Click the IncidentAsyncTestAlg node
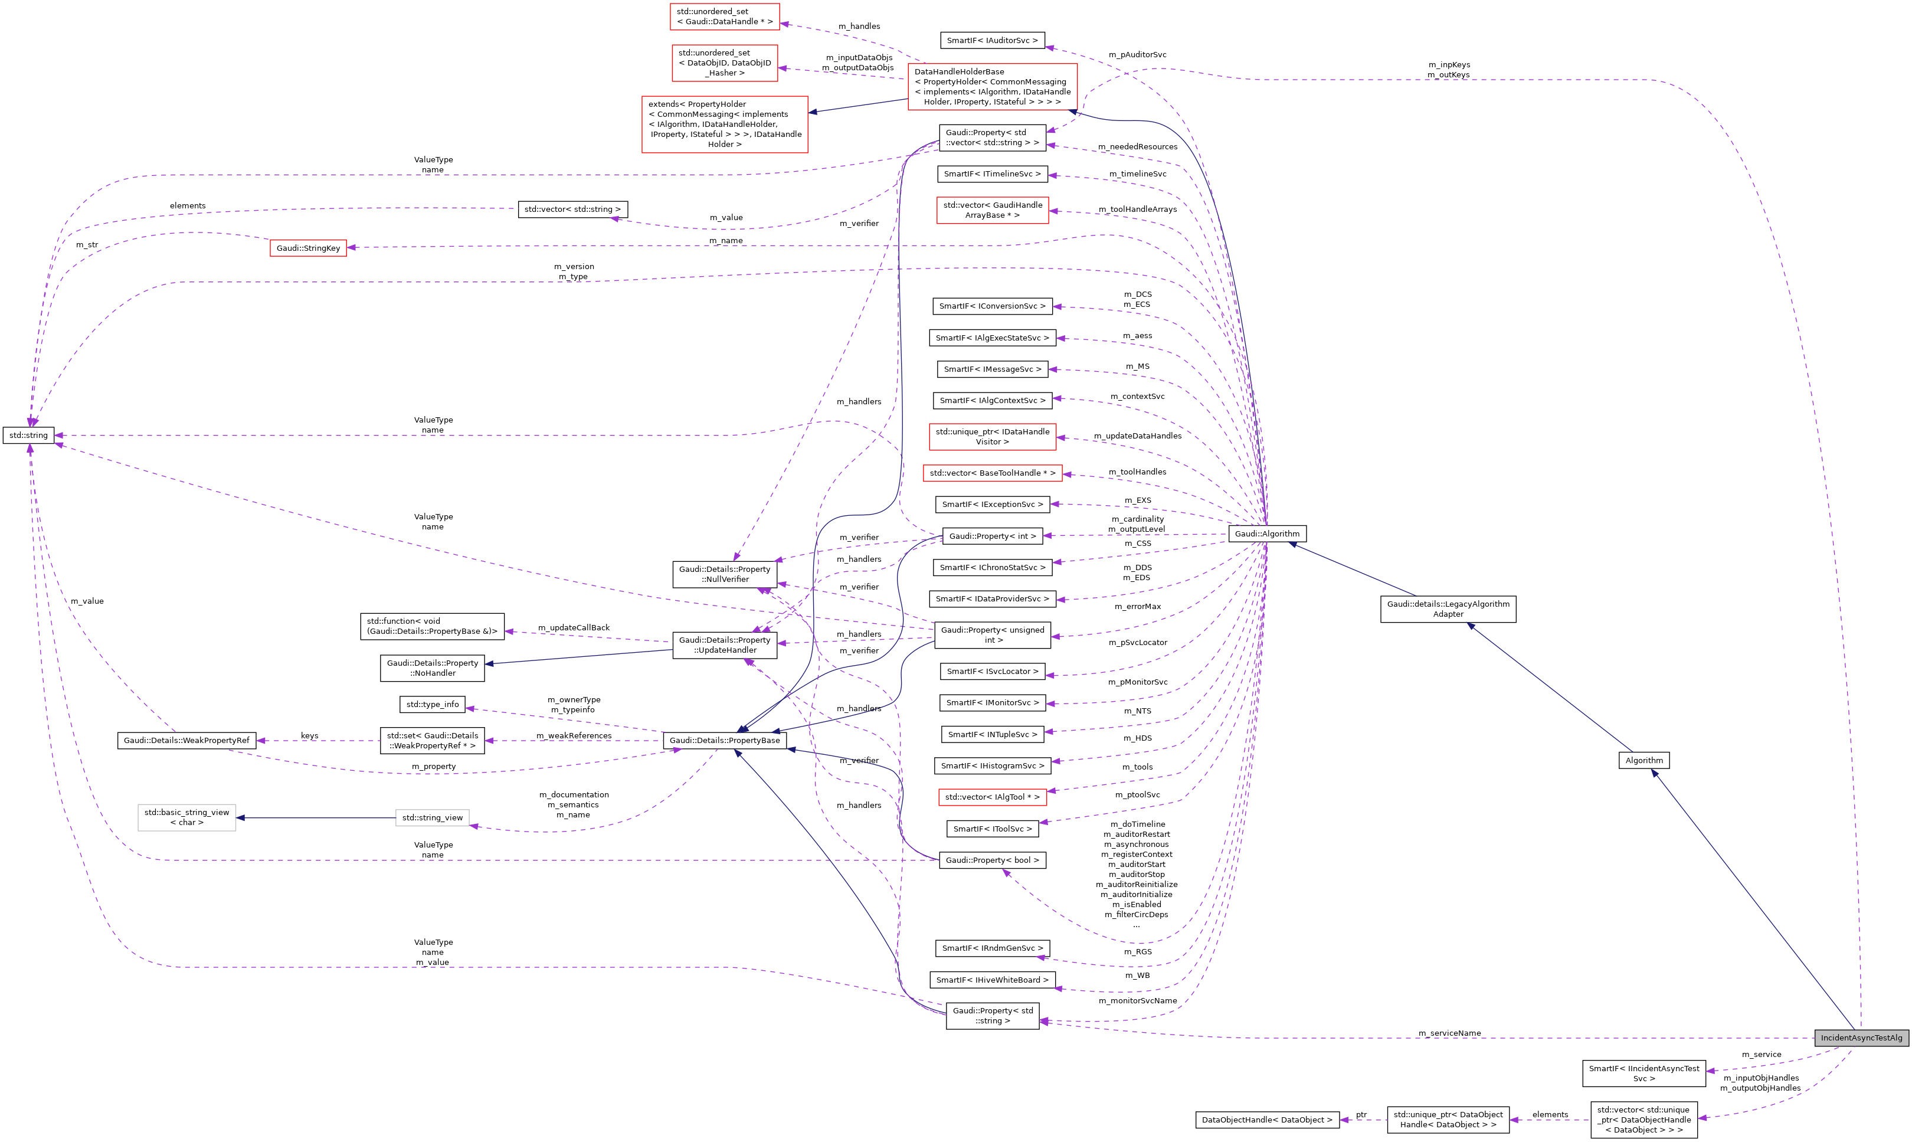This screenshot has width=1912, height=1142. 1861,1038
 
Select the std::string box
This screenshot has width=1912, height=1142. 28,436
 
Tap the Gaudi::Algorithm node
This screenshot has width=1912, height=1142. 1266,534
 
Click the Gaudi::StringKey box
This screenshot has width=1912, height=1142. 308,248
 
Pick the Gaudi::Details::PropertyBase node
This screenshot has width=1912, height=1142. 724,740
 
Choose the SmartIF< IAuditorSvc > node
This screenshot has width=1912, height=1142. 992,40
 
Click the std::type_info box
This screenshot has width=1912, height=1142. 433,704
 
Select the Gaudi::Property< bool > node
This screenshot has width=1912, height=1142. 992,859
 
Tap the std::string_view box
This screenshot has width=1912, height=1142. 433,817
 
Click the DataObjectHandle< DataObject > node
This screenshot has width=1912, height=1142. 1266,1120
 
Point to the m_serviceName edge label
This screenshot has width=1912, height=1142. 1449,1033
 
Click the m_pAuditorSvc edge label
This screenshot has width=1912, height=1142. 1137,55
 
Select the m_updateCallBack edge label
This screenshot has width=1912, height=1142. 573,627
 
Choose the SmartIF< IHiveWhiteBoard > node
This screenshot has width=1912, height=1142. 992,980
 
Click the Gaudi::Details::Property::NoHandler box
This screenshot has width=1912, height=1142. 433,668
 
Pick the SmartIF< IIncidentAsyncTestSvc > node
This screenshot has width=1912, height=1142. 1643,1074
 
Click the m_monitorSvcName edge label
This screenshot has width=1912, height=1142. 1137,1000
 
